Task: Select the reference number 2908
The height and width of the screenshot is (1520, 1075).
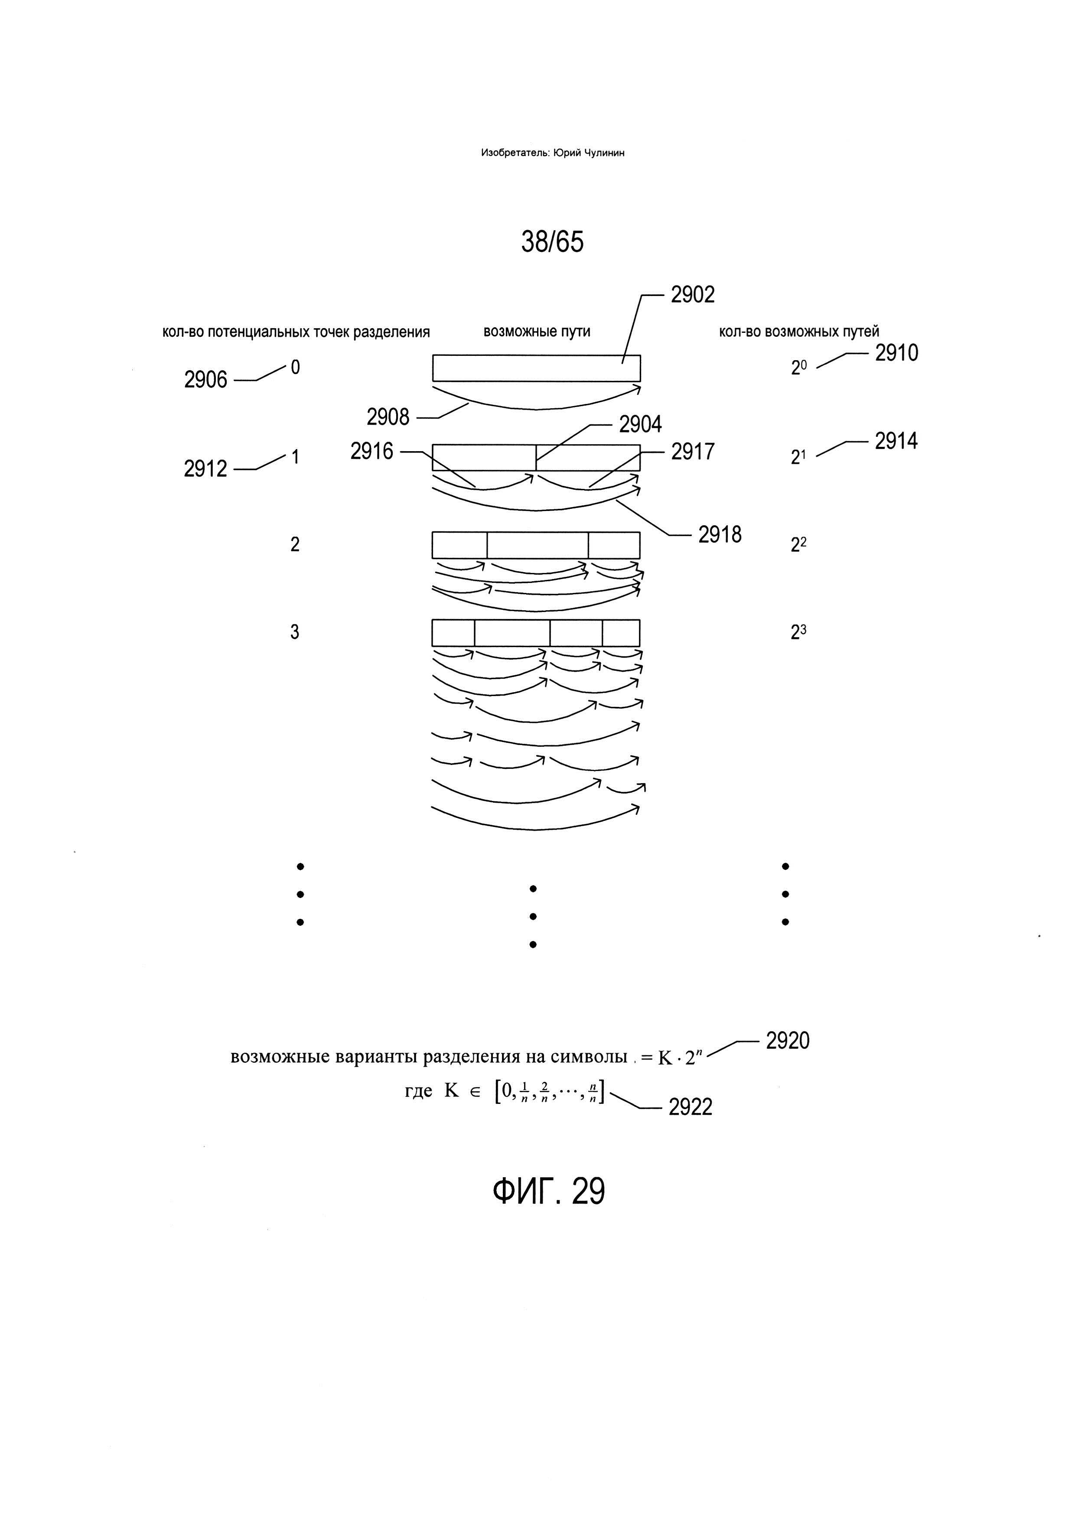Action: coord(388,417)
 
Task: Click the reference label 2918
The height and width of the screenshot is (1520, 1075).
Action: coord(720,534)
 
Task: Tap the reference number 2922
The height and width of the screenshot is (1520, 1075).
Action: coord(691,1107)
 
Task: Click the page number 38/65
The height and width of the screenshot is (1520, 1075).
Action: coord(552,242)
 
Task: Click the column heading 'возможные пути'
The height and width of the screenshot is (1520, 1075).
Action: coord(537,331)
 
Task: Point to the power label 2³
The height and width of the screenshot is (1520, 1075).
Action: coord(798,633)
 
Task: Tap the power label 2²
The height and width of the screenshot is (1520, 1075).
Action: coord(798,544)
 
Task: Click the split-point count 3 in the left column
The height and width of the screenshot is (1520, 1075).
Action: coord(295,632)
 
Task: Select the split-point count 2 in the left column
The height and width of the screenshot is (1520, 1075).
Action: coord(295,544)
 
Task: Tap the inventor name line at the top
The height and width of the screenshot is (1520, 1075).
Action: coord(553,153)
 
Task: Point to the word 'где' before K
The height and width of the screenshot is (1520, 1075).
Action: coord(418,1091)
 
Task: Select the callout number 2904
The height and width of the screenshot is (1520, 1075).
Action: coord(640,424)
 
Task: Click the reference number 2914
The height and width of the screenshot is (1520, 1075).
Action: coord(896,441)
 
